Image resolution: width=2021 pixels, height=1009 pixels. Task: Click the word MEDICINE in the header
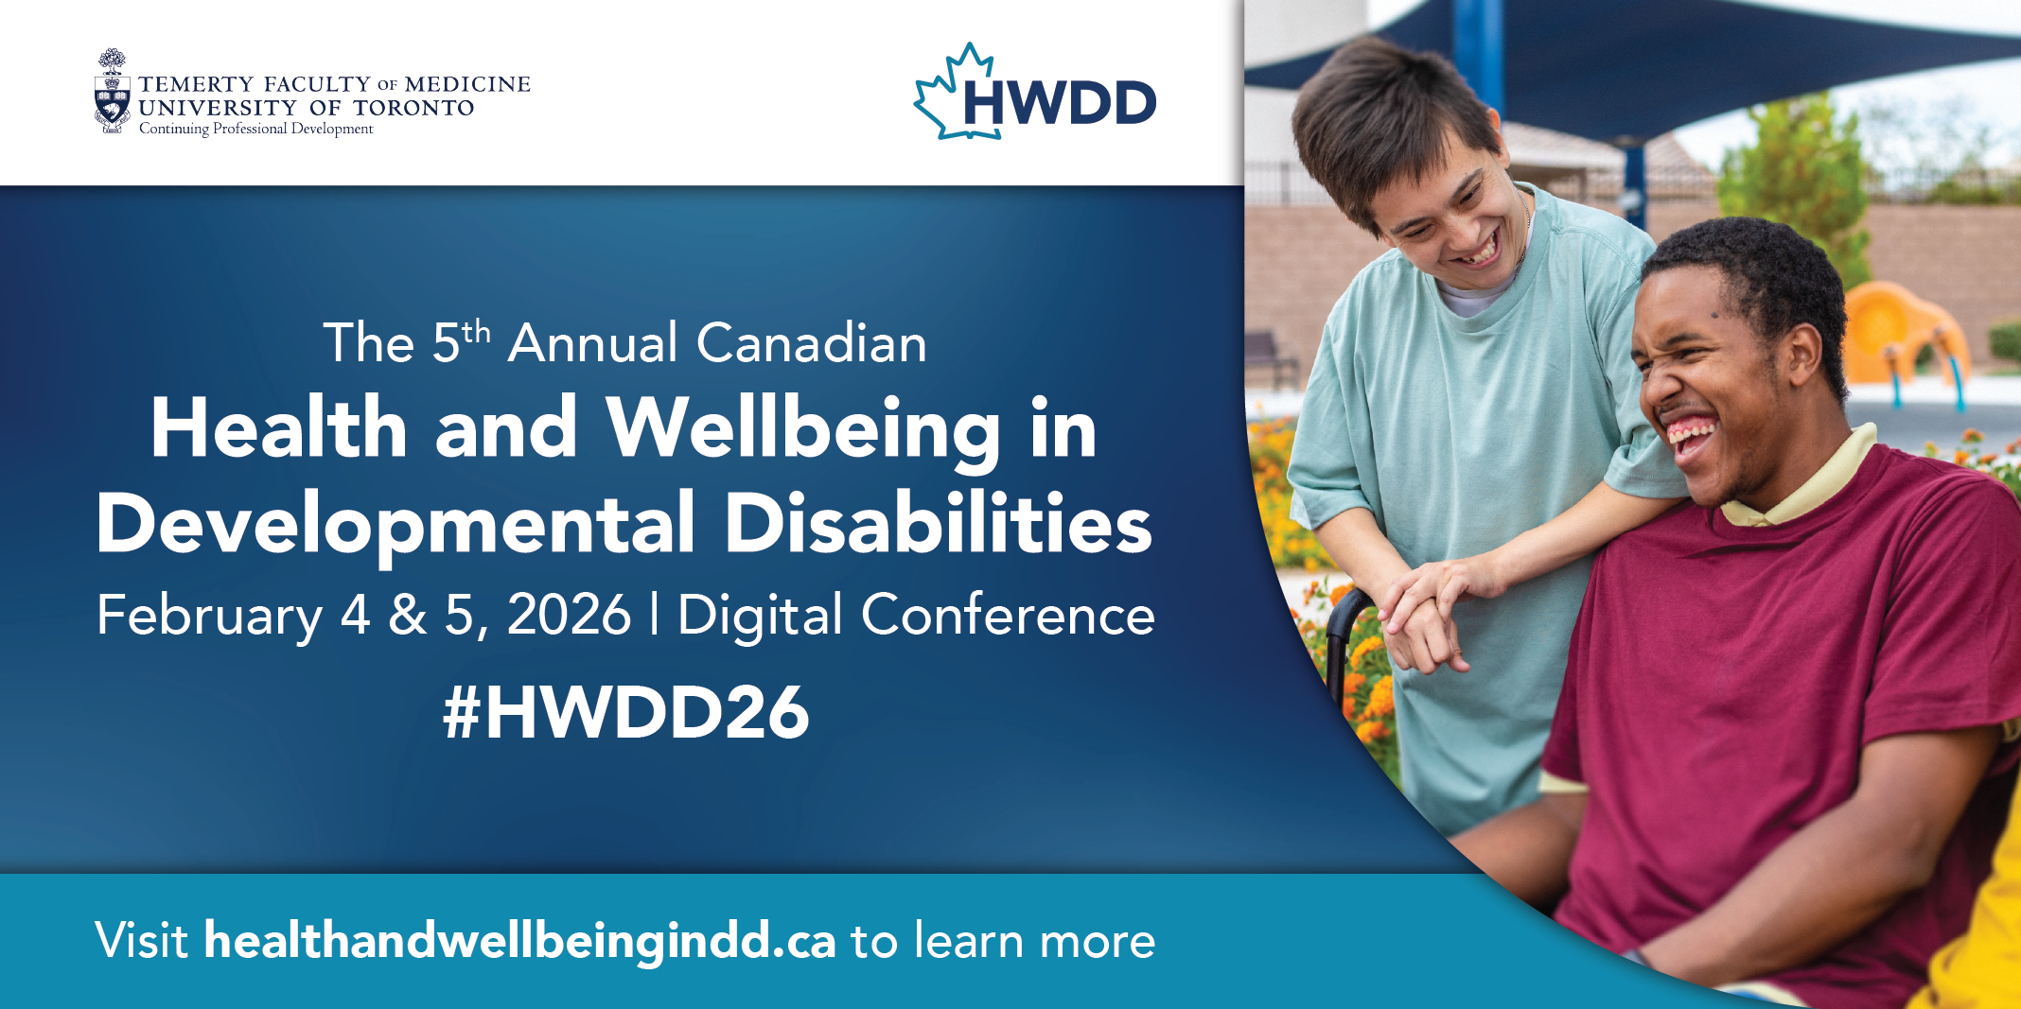pyautogui.click(x=467, y=84)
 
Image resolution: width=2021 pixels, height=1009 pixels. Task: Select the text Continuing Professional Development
pyautogui.click(x=256, y=129)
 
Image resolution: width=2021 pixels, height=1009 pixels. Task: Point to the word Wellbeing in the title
pyautogui.click(x=802, y=430)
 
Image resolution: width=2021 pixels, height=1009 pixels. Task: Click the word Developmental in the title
pyautogui.click(x=395, y=525)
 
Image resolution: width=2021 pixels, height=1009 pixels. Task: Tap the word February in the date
pyautogui.click(x=210, y=617)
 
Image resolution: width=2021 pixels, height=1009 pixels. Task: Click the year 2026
pyautogui.click(x=569, y=615)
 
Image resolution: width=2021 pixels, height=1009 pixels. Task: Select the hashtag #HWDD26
pyautogui.click(x=626, y=712)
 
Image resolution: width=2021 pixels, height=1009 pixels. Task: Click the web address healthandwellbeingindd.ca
pyautogui.click(x=520, y=941)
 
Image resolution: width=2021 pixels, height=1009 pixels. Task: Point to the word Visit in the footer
pyautogui.click(x=142, y=941)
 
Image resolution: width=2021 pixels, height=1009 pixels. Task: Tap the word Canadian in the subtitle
pyautogui.click(x=812, y=342)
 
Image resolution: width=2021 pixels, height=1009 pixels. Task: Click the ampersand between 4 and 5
pyautogui.click(x=408, y=615)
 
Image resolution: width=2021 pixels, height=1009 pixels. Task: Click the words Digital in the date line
pyautogui.click(x=760, y=617)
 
